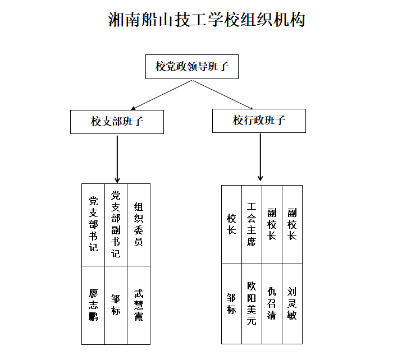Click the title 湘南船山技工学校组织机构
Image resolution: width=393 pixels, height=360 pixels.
[x=207, y=20]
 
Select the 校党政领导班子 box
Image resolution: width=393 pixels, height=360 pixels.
[x=192, y=67]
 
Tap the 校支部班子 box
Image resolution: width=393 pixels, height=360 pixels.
[x=117, y=122]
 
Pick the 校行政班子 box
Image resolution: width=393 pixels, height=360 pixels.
[x=259, y=121]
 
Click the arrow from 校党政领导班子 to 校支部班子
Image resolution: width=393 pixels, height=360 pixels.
[x=162, y=95]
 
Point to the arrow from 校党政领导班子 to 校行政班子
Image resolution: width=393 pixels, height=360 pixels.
[x=222, y=95]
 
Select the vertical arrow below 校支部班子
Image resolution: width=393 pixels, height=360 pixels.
[x=117, y=159]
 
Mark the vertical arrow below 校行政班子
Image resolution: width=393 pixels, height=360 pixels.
[x=260, y=157]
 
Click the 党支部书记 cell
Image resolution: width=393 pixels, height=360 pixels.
[x=93, y=224]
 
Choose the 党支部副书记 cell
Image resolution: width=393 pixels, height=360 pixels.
[x=116, y=224]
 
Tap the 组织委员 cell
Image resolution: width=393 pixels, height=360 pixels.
[x=139, y=224]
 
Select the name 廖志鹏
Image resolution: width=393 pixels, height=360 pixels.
[x=93, y=304]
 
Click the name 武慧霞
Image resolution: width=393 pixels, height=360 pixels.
[x=139, y=304]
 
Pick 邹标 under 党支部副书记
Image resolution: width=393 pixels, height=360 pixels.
[x=116, y=304]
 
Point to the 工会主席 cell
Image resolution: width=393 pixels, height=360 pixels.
[x=252, y=224]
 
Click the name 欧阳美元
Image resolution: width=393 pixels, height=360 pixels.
[x=252, y=303]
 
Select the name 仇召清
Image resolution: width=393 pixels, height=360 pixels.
[x=272, y=303]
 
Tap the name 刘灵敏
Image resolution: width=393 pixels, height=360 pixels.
[x=292, y=303]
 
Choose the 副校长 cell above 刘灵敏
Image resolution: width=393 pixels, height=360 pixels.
[x=293, y=224]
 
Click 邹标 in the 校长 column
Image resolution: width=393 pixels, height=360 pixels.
[x=231, y=303]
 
